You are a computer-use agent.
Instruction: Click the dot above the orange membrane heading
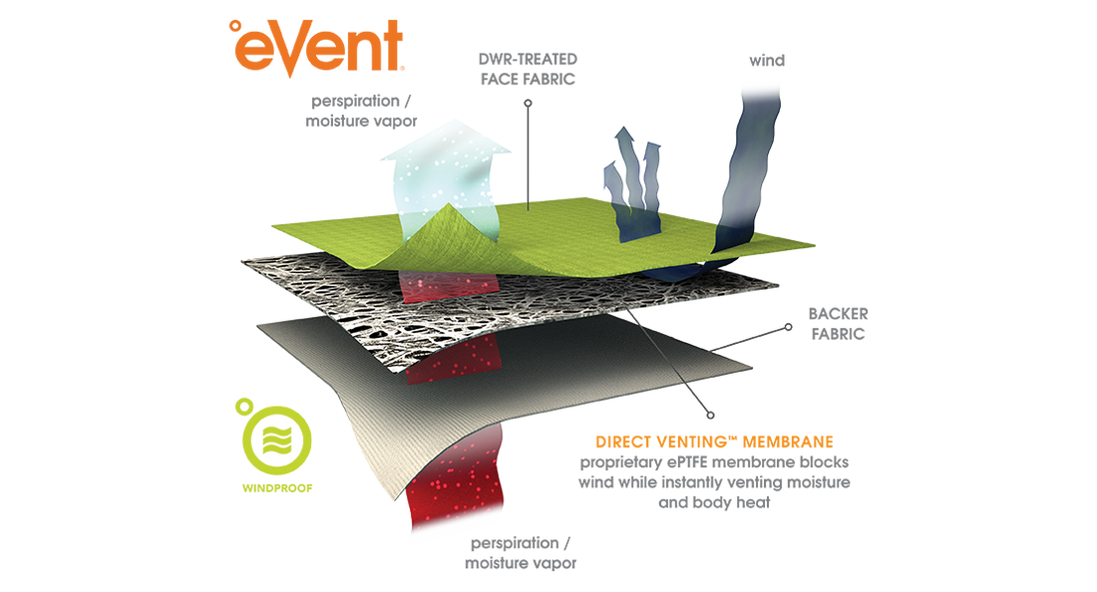pos(710,411)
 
